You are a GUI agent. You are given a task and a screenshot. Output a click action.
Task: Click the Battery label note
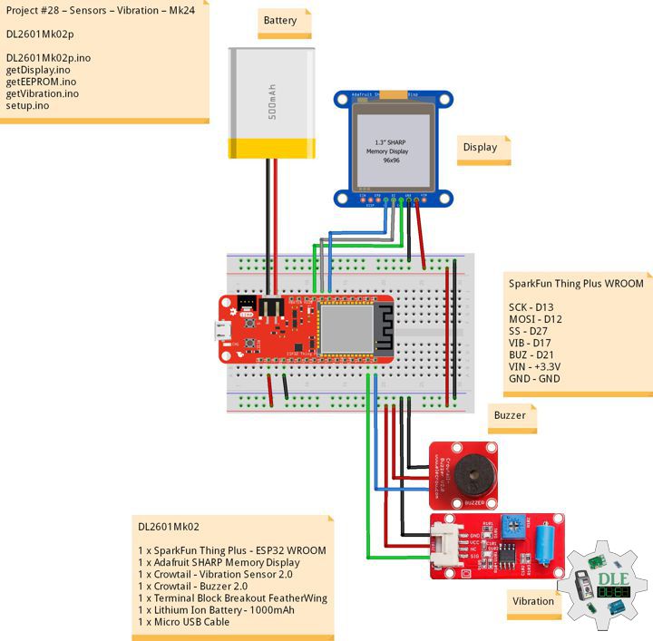283,21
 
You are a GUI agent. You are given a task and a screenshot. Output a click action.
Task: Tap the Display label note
482,147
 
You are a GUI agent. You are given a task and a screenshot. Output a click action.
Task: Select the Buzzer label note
511,415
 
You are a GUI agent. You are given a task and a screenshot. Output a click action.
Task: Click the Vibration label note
532,601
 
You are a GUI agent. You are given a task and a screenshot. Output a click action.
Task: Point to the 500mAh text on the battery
271,102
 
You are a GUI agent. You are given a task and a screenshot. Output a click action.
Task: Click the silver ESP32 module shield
346,328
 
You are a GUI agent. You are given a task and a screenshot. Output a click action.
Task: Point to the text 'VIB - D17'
534,343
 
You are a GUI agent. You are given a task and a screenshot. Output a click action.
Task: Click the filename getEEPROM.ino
41,82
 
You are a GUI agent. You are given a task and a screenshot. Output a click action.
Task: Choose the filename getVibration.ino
43,93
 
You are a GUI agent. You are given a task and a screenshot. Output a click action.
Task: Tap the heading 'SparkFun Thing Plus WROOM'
576,284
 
